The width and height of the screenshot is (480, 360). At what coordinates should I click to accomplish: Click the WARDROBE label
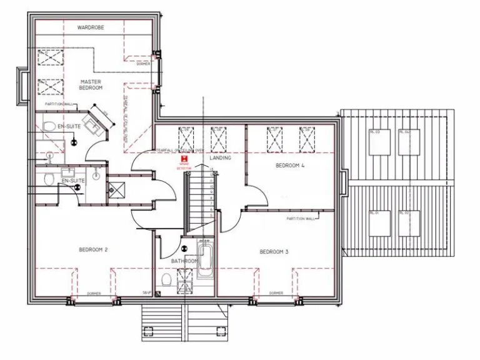pos(91,28)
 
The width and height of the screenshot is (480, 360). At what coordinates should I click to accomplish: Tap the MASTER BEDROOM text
pos(91,85)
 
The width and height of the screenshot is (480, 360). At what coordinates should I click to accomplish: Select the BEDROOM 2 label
pos(93,250)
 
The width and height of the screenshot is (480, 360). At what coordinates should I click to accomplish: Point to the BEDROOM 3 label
pos(274,252)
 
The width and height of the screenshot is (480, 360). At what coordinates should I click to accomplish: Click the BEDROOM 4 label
pos(290,166)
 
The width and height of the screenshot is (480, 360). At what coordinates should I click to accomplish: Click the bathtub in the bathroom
pos(204,257)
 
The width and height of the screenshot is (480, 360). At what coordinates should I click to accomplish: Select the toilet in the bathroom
pos(166,279)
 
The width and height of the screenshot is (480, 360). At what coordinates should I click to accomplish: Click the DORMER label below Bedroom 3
pos(276,292)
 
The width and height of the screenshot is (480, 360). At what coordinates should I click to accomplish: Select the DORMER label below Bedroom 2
pos(94,292)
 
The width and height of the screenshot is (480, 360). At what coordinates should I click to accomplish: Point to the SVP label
pos(147,292)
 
